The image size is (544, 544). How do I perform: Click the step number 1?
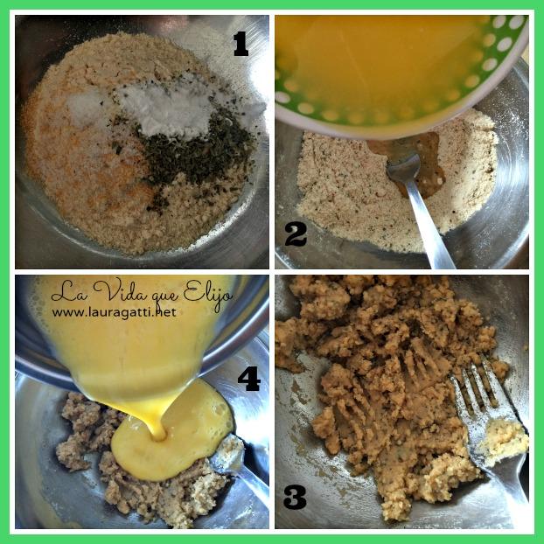pos(241,44)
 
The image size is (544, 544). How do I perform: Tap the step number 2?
pos(296,234)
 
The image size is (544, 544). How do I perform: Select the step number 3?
pos(295,498)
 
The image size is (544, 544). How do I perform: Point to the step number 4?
pos(249,379)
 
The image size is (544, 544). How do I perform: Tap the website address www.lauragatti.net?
pos(115,312)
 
